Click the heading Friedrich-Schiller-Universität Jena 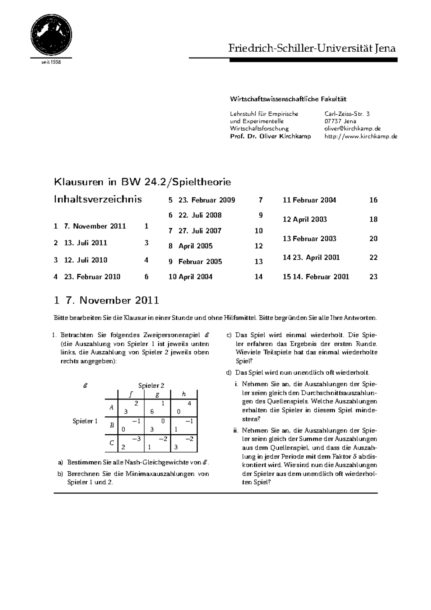(x=312, y=48)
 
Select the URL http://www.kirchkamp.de (x=361, y=136)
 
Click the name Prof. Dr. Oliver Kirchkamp (x=270, y=136)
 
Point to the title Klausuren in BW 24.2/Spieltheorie (x=142, y=182)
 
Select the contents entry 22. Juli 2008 (x=200, y=215)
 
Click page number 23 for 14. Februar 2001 (x=373, y=277)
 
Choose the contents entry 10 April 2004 (x=190, y=277)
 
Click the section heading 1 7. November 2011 (x=106, y=300)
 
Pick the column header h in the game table (x=184, y=394)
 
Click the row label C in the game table (x=111, y=443)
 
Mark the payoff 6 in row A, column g (x=152, y=412)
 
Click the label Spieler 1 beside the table (x=85, y=421)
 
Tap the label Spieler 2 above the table (x=151, y=385)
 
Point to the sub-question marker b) (x=60, y=474)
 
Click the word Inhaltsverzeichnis (x=98, y=199)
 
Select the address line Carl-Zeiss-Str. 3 (x=347, y=114)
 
